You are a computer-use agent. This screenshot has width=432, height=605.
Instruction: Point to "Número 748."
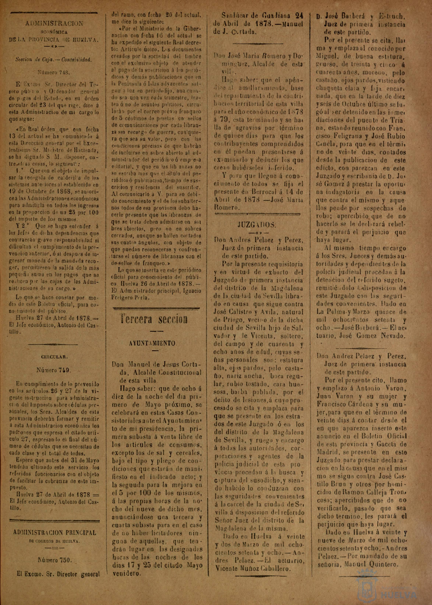point(53,72)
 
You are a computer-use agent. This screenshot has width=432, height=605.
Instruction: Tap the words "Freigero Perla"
point(131,298)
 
